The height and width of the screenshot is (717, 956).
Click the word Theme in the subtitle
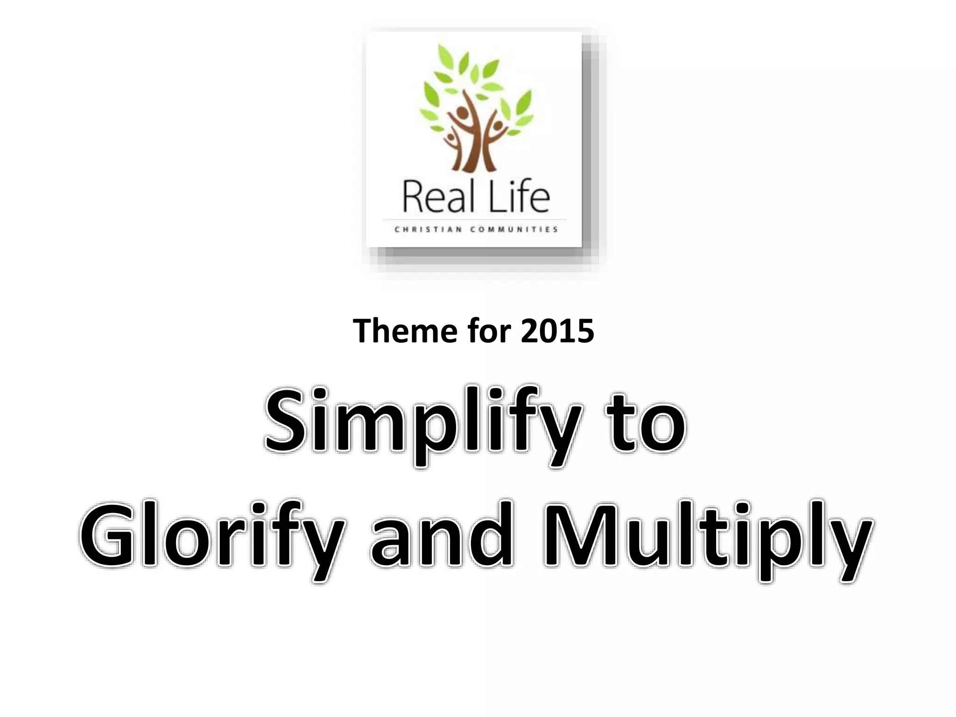pyautogui.click(x=403, y=331)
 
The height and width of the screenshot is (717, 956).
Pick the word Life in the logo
pyautogui.click(x=519, y=198)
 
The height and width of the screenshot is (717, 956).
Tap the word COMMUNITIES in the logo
pyautogui.click(x=514, y=229)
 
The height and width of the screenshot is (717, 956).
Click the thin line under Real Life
pyautogui.click(x=474, y=219)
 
